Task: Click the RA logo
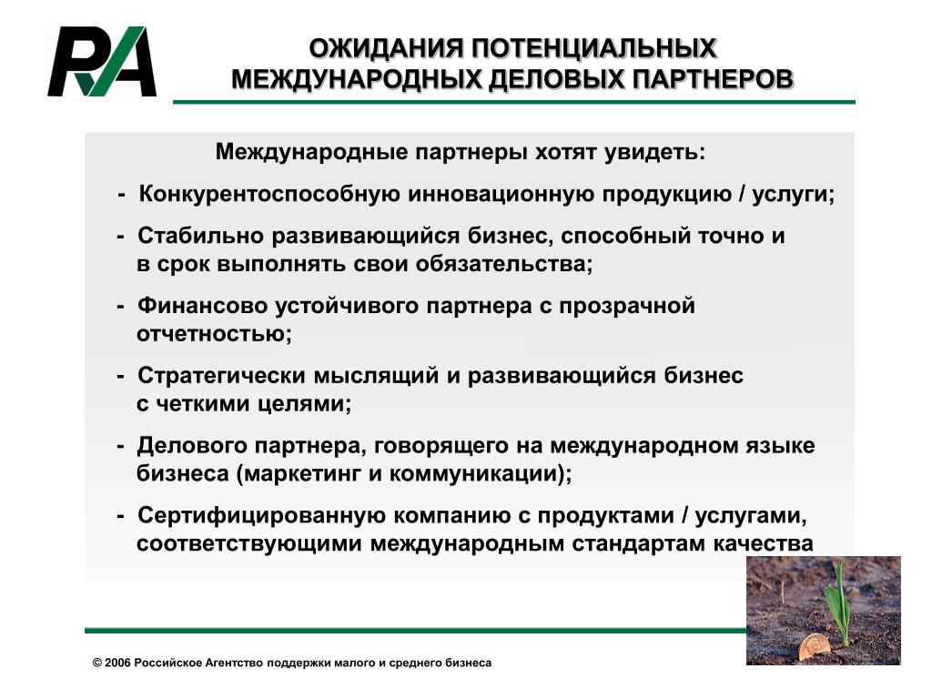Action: [102, 61]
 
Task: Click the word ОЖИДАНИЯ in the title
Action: [386, 48]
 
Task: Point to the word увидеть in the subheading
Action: [654, 152]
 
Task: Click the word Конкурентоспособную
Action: [268, 195]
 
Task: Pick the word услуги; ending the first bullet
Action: [794, 195]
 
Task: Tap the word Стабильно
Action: [200, 236]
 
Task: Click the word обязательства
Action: [504, 264]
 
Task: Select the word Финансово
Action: [203, 306]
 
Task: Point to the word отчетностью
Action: [214, 334]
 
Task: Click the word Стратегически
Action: [221, 376]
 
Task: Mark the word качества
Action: [763, 544]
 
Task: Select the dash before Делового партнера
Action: [121, 446]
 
